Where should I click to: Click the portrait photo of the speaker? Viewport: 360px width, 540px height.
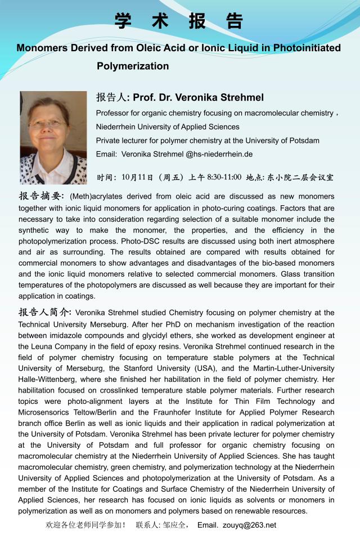[53, 137]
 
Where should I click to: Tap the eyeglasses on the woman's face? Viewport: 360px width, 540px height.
[48, 123]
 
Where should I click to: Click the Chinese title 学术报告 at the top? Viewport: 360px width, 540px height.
[179, 21]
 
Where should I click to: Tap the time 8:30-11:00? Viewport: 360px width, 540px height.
[224, 177]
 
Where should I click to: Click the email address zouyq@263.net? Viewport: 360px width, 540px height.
[249, 525]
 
